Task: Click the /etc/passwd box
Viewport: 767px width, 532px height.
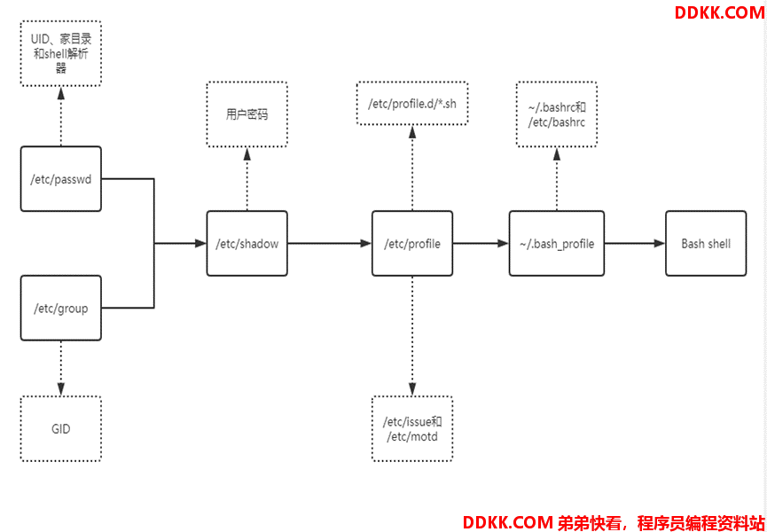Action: (60, 179)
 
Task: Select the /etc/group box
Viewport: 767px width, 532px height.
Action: (60, 309)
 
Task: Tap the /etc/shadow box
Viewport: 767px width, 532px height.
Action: (247, 243)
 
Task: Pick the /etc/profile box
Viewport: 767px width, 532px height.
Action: (412, 243)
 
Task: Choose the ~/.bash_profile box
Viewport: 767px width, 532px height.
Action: (557, 243)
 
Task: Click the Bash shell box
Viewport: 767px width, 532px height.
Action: (706, 243)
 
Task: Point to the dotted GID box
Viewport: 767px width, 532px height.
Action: (60, 429)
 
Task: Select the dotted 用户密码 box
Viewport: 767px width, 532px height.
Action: (247, 114)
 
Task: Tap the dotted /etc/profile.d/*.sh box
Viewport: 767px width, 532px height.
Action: (411, 104)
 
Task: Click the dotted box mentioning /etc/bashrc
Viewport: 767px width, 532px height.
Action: (556, 114)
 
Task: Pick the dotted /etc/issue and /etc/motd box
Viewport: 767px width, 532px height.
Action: (412, 429)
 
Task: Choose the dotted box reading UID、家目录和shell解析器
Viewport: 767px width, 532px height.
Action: (60, 53)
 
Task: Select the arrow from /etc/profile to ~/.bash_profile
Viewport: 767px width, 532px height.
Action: (481, 243)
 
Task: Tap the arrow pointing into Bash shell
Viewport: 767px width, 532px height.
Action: (635, 243)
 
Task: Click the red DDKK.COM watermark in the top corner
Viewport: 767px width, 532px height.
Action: (718, 12)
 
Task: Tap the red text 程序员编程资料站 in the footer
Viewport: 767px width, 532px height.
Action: (700, 522)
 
